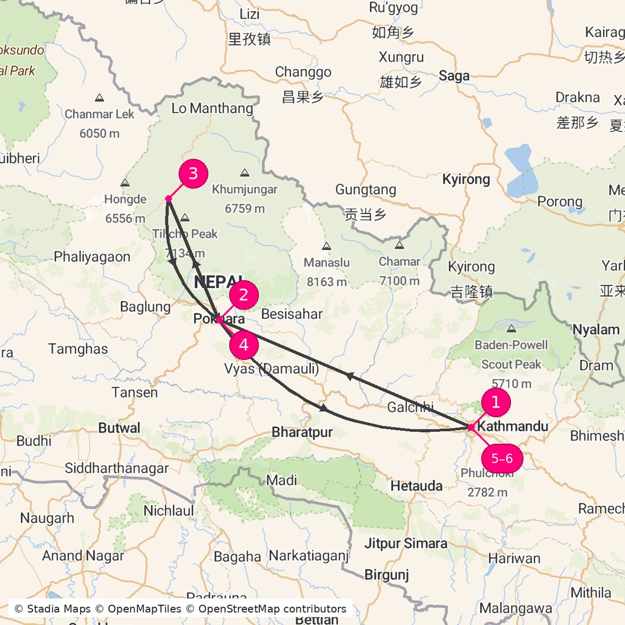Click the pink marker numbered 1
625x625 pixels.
pyautogui.click(x=495, y=402)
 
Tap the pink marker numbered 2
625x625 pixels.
pyautogui.click(x=244, y=295)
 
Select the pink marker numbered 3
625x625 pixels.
pyautogui.click(x=193, y=174)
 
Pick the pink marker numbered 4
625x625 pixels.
pyautogui.click(x=244, y=345)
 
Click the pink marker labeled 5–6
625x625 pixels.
pyautogui.click(x=502, y=459)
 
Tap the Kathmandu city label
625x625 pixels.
pyautogui.click(x=513, y=427)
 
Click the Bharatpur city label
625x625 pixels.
pyautogui.click(x=302, y=432)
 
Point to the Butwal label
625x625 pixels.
pyautogui.click(x=119, y=428)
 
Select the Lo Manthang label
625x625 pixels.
pyautogui.click(x=212, y=108)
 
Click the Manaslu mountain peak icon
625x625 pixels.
pyautogui.click(x=326, y=247)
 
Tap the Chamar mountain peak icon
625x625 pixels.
pyautogui.click(x=399, y=245)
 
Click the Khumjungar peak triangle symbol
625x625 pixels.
pyautogui.click(x=244, y=172)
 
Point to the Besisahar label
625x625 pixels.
pyautogui.click(x=292, y=314)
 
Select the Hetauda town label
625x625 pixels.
pyautogui.click(x=416, y=486)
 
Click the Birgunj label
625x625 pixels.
pyautogui.click(x=387, y=575)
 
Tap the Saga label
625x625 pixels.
pyautogui.click(x=454, y=75)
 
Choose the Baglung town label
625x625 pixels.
pyautogui.click(x=145, y=307)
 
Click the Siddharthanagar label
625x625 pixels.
pyautogui.click(x=117, y=468)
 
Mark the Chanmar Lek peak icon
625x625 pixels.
pyautogui.click(x=100, y=98)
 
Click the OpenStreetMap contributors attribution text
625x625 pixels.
pyautogui.click(x=273, y=609)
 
